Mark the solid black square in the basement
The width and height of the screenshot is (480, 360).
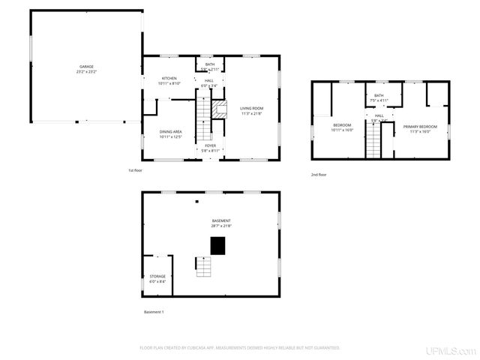[x=218, y=245]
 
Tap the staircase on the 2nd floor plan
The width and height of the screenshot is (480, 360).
[x=373, y=140]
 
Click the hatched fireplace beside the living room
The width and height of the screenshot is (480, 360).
[x=219, y=110]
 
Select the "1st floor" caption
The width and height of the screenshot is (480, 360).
[x=135, y=170]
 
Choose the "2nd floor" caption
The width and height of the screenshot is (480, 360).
[x=319, y=175]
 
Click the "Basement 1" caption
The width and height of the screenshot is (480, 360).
[x=153, y=311]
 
